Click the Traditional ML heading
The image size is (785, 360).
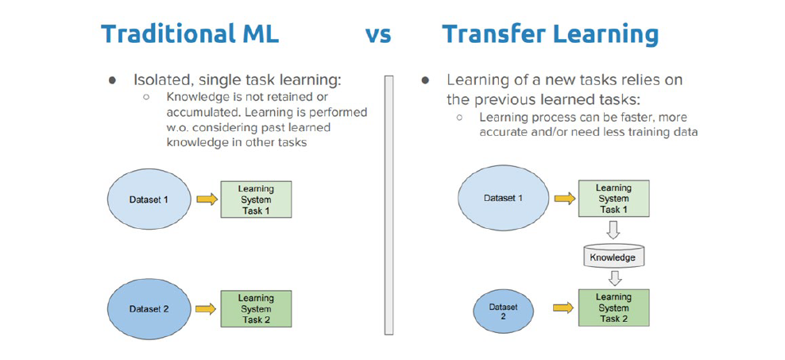click(x=190, y=34)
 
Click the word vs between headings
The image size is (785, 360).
click(x=377, y=35)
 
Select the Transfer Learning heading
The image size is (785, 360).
click(x=550, y=34)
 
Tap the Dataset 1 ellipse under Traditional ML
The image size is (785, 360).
click(x=149, y=199)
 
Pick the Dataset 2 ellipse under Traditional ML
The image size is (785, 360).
click(x=149, y=308)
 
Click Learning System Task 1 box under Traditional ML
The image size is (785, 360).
click(x=256, y=199)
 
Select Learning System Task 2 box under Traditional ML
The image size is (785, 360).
click(x=256, y=308)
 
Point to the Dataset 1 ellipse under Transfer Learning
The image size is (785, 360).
click(x=503, y=198)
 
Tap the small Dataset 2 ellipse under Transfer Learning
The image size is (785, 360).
click(x=503, y=310)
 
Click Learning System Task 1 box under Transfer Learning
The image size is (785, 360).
click(x=613, y=199)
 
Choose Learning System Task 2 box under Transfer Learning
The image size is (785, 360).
click(x=613, y=308)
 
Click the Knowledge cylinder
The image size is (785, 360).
click(x=613, y=256)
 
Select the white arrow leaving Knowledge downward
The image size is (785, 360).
click(x=613, y=278)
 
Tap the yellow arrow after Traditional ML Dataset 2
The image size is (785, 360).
click(x=206, y=308)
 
